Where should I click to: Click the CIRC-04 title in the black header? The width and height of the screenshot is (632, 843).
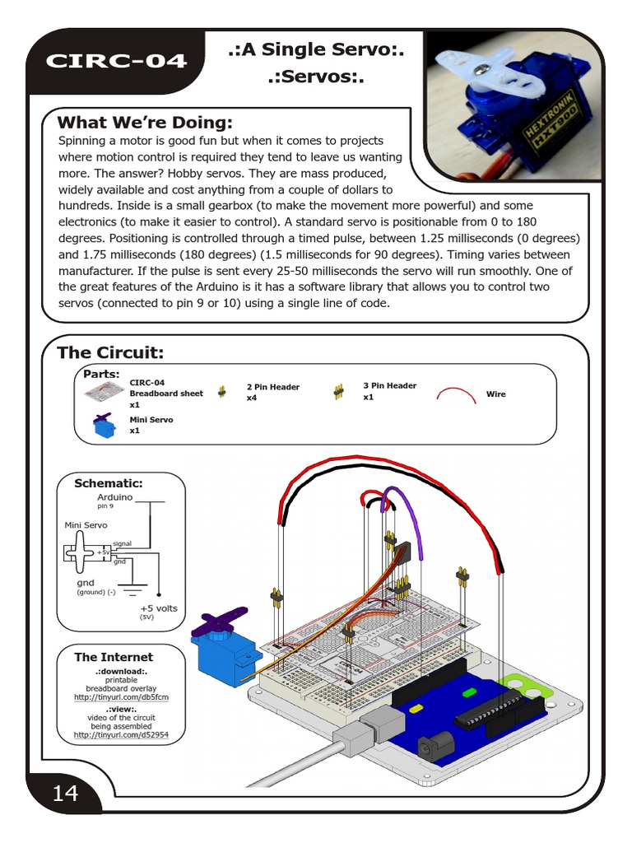[115, 61]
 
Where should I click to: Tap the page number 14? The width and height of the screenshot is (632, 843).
[65, 794]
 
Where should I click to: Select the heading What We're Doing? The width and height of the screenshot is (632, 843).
[145, 123]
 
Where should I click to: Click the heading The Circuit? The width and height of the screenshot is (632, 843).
[110, 353]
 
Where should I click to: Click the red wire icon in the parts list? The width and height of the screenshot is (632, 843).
[457, 394]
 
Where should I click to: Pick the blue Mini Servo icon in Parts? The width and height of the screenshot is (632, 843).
[104, 425]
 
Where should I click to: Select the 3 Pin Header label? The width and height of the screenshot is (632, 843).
[389, 385]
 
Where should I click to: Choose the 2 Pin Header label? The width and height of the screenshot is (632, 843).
[272, 387]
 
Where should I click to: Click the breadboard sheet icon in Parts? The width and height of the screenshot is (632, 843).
[104, 392]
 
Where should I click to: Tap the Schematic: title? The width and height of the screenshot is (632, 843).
[109, 483]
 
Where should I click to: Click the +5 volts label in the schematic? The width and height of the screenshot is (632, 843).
[158, 608]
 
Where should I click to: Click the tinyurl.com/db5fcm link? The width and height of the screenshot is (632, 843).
[121, 697]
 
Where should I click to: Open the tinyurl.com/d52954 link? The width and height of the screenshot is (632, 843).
[121, 734]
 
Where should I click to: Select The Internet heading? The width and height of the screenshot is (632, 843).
[114, 657]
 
